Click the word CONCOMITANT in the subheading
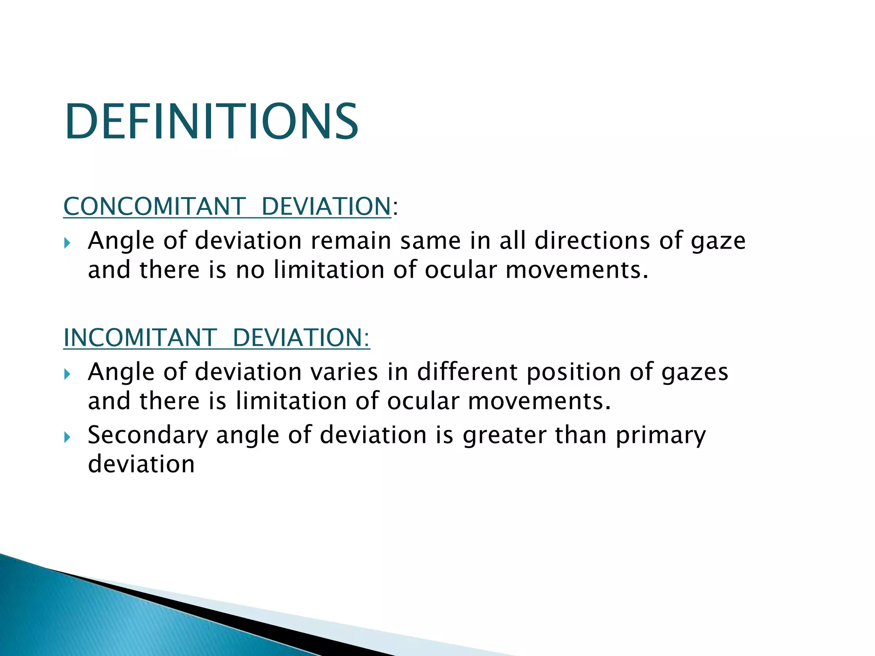pyautogui.click(x=154, y=206)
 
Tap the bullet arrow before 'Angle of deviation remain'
pyautogui.click(x=67, y=243)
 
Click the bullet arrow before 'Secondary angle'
pyautogui.click(x=67, y=437)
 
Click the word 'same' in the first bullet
pyautogui.click(x=430, y=240)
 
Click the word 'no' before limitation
pyautogui.click(x=250, y=270)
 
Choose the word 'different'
pyautogui.click(x=467, y=372)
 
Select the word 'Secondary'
pyautogui.click(x=148, y=435)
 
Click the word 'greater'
pyautogui.click(x=504, y=435)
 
